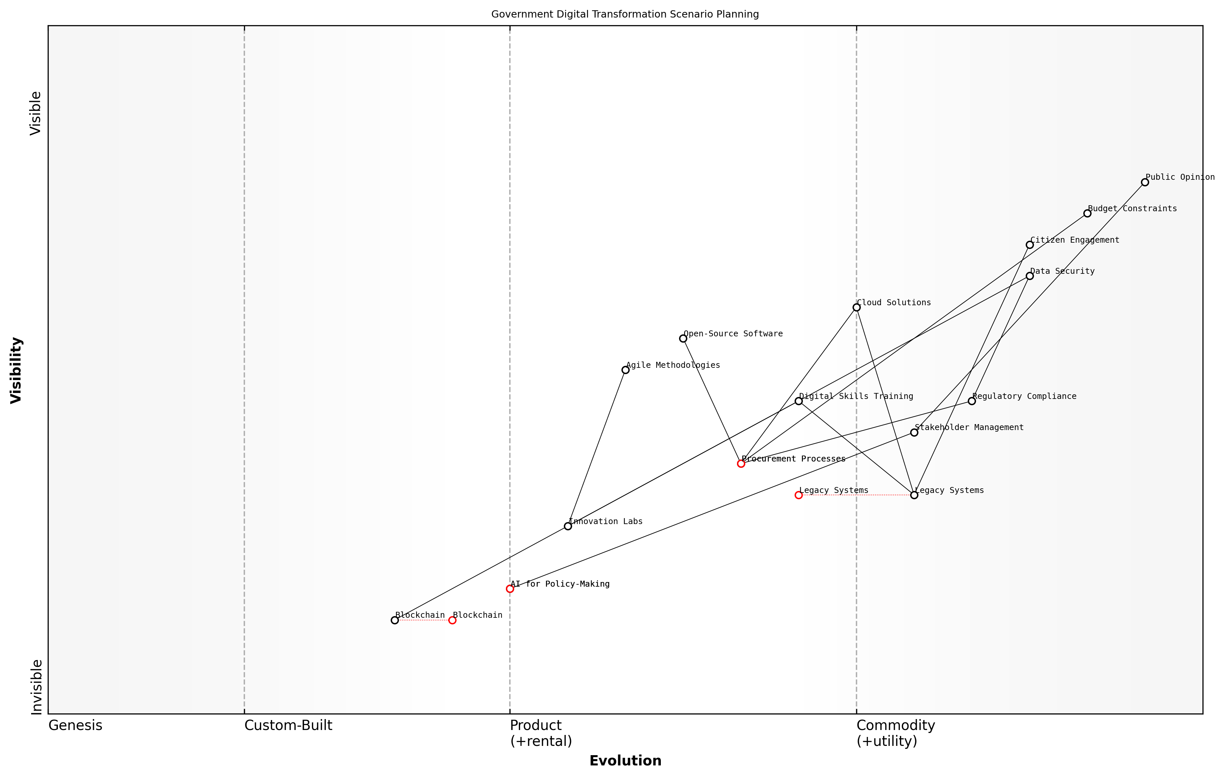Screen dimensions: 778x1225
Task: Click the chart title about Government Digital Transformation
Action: (x=625, y=14)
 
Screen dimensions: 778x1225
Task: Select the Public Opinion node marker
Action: (x=1145, y=182)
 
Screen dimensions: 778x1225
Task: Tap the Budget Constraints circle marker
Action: (x=1087, y=213)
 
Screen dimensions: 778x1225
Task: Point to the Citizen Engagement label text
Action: (x=1074, y=240)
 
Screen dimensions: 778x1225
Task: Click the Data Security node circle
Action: (x=1030, y=276)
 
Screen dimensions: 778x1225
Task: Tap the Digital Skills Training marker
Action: (x=799, y=401)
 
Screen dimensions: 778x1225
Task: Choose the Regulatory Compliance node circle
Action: (x=972, y=401)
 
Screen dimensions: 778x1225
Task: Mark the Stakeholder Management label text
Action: (x=969, y=427)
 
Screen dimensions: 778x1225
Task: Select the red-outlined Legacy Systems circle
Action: (x=799, y=495)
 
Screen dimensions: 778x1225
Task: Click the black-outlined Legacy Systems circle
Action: (x=914, y=495)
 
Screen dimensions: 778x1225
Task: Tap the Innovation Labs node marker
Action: (x=568, y=526)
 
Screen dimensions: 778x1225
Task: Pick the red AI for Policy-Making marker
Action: (x=510, y=589)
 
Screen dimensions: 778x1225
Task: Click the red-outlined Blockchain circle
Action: (x=452, y=620)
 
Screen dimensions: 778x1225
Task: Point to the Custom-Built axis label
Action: (x=288, y=726)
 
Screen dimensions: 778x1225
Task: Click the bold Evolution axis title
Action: (x=625, y=761)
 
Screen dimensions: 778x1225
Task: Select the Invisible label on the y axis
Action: (x=36, y=687)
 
